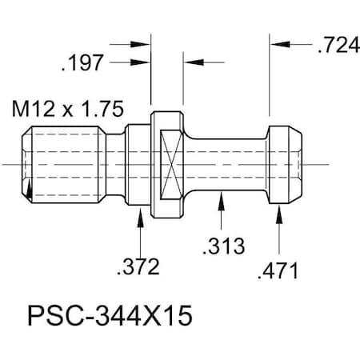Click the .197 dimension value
point(82,62)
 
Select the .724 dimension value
point(337,46)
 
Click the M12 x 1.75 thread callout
point(63,107)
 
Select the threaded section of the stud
point(64,164)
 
